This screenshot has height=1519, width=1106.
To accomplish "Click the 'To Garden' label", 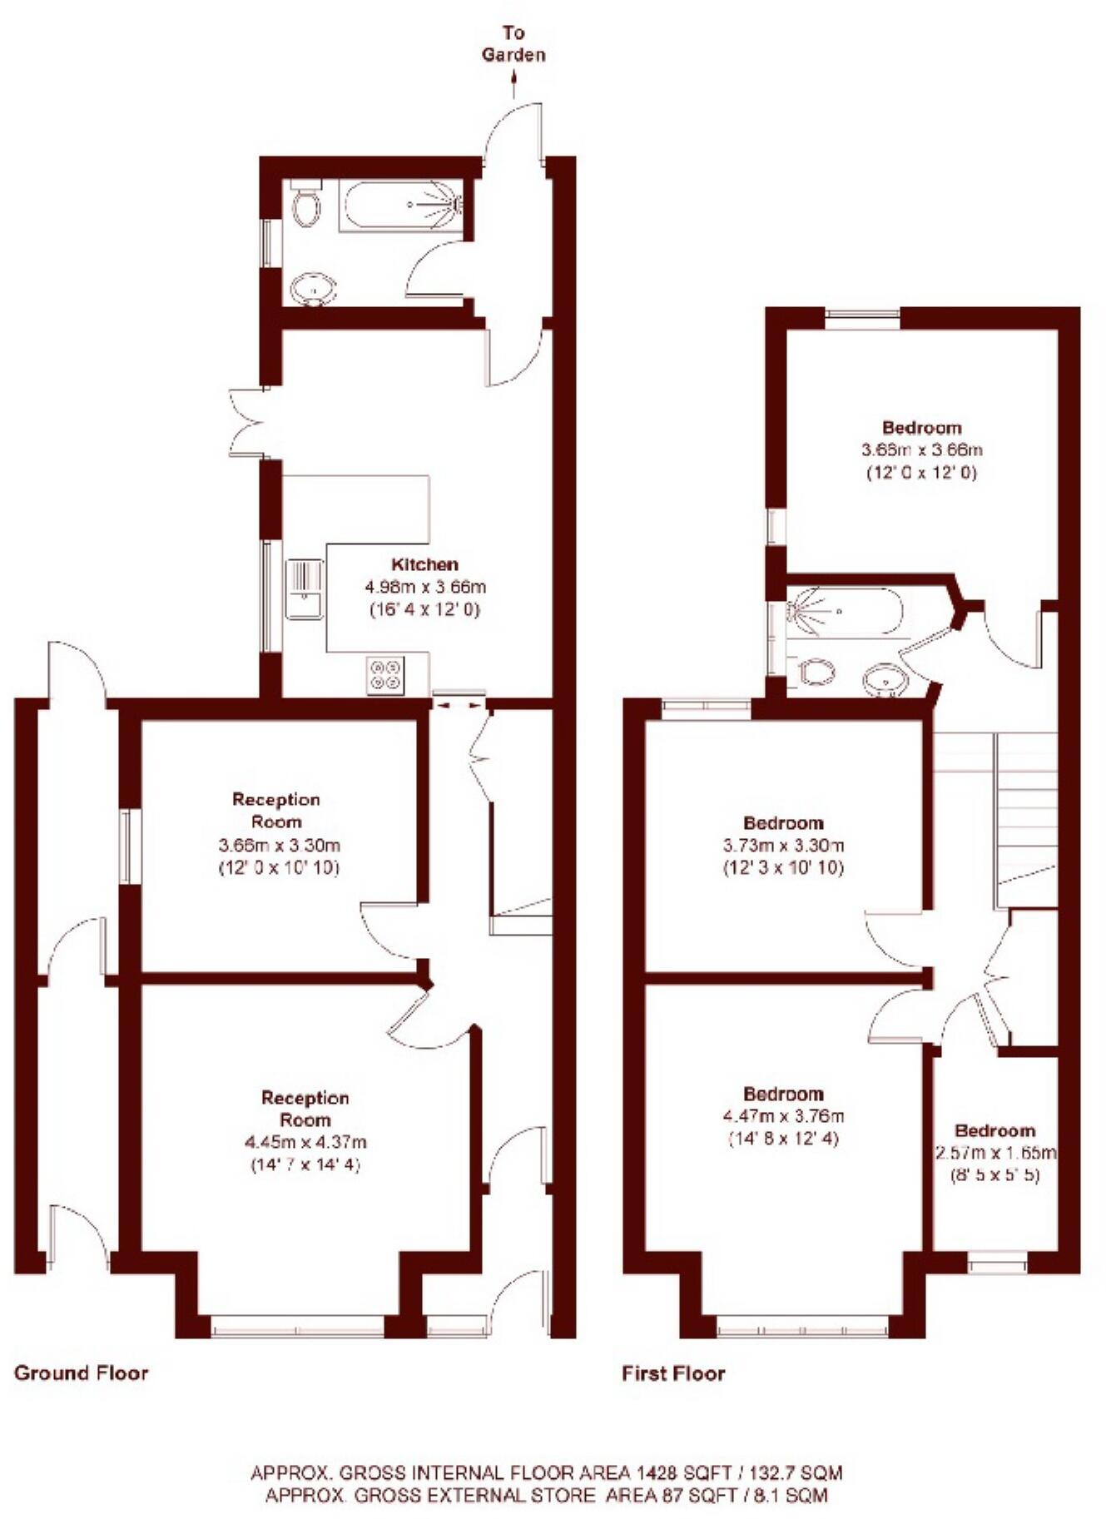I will [513, 44].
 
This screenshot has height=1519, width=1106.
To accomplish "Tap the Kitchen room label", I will [425, 564].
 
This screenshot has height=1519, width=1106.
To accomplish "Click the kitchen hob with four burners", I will [386, 674].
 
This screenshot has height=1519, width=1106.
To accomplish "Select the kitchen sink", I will [304, 589].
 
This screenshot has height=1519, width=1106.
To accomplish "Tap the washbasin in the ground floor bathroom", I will [314, 290].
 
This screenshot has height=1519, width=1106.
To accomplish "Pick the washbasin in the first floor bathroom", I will [884, 681].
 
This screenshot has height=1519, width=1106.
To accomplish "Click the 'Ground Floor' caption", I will [81, 1373].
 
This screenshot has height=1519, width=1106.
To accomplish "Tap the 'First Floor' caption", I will [673, 1373].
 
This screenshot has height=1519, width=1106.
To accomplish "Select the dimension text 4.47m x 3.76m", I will [783, 1116].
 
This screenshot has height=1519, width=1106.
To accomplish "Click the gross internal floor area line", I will [546, 1472].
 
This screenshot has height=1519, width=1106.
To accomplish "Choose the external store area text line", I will [546, 1495].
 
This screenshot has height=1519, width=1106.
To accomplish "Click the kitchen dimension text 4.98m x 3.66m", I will [425, 587].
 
